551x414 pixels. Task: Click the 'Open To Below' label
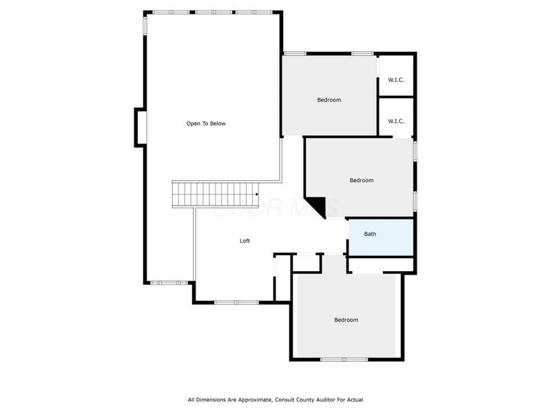(x=206, y=124)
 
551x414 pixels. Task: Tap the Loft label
(x=245, y=241)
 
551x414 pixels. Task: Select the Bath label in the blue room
(x=370, y=234)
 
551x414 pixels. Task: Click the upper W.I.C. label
(x=396, y=80)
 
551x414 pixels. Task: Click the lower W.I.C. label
(x=396, y=121)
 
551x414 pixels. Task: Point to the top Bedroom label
(x=329, y=100)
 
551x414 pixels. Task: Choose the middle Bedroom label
(x=361, y=181)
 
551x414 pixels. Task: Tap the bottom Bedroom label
(x=346, y=320)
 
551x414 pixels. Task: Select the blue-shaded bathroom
(x=380, y=238)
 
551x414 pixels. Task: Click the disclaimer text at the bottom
(x=275, y=400)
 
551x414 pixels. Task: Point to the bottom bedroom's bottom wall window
(x=344, y=359)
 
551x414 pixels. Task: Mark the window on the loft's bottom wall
(x=236, y=302)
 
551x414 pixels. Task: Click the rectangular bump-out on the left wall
(x=140, y=128)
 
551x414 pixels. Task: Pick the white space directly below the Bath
(x=380, y=264)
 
